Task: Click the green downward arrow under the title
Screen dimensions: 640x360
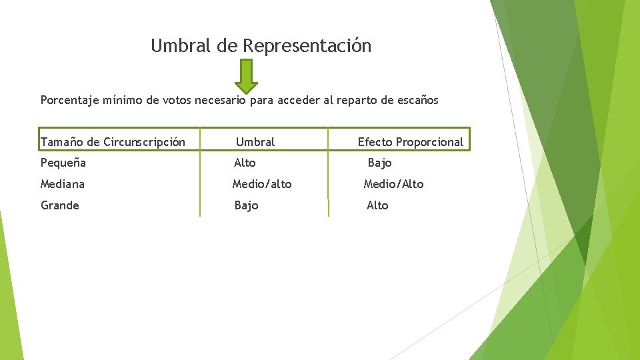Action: click(x=246, y=75)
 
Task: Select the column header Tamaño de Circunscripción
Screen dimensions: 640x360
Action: click(x=113, y=142)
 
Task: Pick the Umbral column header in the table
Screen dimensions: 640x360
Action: click(x=255, y=142)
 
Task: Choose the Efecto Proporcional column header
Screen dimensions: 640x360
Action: click(x=410, y=142)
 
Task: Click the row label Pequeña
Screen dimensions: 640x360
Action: click(x=63, y=163)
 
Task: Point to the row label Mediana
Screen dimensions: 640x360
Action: click(x=63, y=184)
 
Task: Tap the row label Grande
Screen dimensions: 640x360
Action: click(x=60, y=205)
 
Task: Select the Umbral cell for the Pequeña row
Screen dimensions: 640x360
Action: click(x=245, y=163)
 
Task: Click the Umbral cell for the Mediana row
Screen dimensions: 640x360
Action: click(x=262, y=184)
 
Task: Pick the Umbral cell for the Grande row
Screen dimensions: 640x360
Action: click(x=246, y=205)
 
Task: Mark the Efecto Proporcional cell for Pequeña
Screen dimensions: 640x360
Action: click(x=379, y=163)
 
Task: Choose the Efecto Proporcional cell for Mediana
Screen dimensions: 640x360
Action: click(x=393, y=184)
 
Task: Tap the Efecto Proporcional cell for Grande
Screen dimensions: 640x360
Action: click(x=377, y=205)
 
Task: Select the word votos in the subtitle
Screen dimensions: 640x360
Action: click(x=175, y=101)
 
